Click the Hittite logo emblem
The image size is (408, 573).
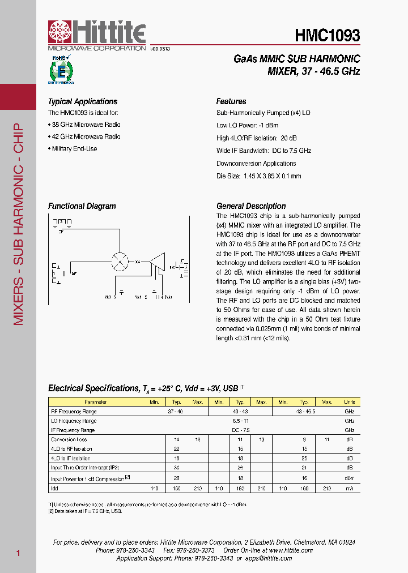[x=59, y=32]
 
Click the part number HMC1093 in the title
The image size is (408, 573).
[x=327, y=36]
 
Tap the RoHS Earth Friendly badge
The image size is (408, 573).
[x=58, y=70]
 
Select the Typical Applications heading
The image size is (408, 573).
[x=83, y=102]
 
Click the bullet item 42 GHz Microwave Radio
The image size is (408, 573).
[x=86, y=136]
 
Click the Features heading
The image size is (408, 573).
[x=231, y=102]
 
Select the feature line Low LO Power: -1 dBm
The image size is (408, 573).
[x=247, y=125]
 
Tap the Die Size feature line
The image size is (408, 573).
[x=258, y=176]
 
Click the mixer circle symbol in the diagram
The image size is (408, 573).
[x=119, y=261]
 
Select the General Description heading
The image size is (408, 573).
[x=251, y=206]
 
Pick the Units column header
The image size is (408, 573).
[x=349, y=402]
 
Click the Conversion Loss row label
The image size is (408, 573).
[x=69, y=439]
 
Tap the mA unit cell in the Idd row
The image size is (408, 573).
[x=349, y=488]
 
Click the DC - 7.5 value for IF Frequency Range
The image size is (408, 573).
[x=240, y=430]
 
